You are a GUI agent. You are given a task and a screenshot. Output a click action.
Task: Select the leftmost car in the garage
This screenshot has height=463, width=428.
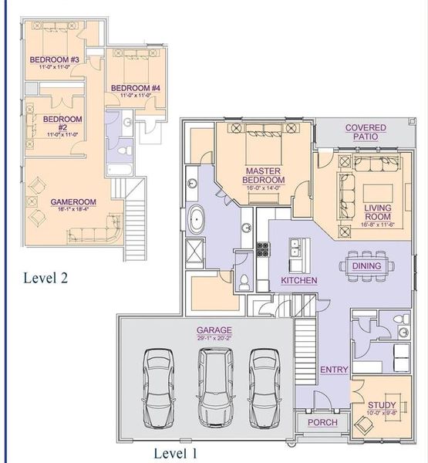tap(159, 387)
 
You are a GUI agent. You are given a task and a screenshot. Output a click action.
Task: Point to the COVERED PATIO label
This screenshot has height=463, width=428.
tap(366, 132)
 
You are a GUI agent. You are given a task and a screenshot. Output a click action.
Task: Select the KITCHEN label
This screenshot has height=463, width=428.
tap(298, 281)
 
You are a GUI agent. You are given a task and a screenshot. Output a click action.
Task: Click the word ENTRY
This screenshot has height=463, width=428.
tap(334, 370)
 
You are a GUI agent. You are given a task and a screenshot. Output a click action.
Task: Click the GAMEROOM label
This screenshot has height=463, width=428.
tap(72, 202)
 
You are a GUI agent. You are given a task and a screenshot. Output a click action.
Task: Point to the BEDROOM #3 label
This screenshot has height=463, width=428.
tap(55, 59)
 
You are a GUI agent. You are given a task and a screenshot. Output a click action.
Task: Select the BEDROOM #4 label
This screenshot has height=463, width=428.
tap(135, 89)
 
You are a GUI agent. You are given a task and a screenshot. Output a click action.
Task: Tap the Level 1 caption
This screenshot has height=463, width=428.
tap(175, 453)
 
